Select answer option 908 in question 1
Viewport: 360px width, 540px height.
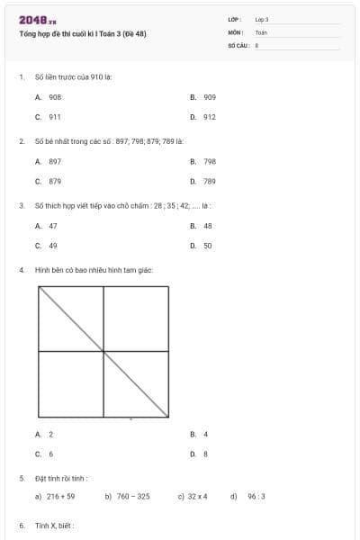tap(55, 96)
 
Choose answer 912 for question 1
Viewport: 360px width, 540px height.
tap(209, 117)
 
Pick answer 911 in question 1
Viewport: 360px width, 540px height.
tap(55, 117)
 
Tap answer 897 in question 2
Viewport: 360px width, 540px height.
tap(55, 161)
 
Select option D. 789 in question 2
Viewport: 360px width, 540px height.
tap(209, 181)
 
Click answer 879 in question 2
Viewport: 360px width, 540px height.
tap(55, 181)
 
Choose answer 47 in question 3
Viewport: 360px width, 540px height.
tap(53, 226)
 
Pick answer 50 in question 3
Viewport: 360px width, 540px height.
tap(207, 245)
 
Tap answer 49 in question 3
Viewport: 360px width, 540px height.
tap(53, 245)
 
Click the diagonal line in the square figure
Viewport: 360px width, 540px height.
tap(72, 319)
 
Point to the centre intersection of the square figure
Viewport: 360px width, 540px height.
tap(104, 351)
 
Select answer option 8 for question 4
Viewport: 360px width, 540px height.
tap(205, 454)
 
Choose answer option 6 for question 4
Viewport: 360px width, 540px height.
tap(51, 454)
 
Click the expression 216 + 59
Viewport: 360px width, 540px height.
tap(60, 496)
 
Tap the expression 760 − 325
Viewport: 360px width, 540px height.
tap(133, 496)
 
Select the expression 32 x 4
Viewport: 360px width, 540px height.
tap(197, 496)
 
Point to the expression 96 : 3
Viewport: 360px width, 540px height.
tap(256, 496)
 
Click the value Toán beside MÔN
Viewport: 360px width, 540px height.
tap(261, 31)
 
